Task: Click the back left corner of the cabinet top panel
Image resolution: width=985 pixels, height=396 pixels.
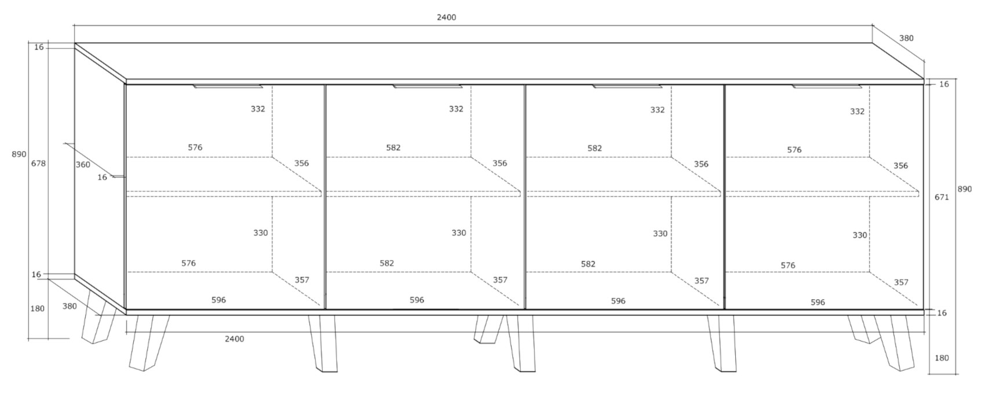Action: click(x=75, y=43)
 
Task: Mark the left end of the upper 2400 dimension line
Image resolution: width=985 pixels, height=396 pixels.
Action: click(x=74, y=26)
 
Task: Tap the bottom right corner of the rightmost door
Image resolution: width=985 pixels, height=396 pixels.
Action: click(x=923, y=309)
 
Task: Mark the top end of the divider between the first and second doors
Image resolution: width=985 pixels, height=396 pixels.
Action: click(x=326, y=85)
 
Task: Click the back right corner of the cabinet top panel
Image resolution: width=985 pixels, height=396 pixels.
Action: click(x=873, y=43)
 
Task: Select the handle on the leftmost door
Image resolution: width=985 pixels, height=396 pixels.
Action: click(x=228, y=86)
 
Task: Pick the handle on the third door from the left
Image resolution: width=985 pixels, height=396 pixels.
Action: click(x=627, y=86)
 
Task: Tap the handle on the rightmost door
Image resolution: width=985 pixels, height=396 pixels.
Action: click(x=827, y=86)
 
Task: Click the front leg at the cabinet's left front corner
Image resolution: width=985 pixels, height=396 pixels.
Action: click(x=149, y=342)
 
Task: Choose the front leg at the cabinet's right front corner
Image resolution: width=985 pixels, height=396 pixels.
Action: click(x=897, y=342)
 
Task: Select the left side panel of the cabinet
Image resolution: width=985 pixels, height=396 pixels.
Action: click(x=100, y=176)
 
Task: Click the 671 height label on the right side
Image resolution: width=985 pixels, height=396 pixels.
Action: click(x=942, y=198)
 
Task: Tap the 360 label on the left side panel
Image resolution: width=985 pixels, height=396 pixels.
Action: click(x=83, y=165)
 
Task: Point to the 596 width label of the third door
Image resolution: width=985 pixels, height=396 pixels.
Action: click(x=618, y=301)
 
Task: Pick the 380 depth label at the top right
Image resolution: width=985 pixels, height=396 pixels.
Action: click(x=906, y=38)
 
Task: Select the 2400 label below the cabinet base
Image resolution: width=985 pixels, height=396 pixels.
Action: click(x=235, y=339)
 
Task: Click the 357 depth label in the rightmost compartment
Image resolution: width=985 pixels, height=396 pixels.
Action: click(x=900, y=282)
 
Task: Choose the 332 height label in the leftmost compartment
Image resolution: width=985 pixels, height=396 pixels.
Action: click(x=258, y=109)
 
